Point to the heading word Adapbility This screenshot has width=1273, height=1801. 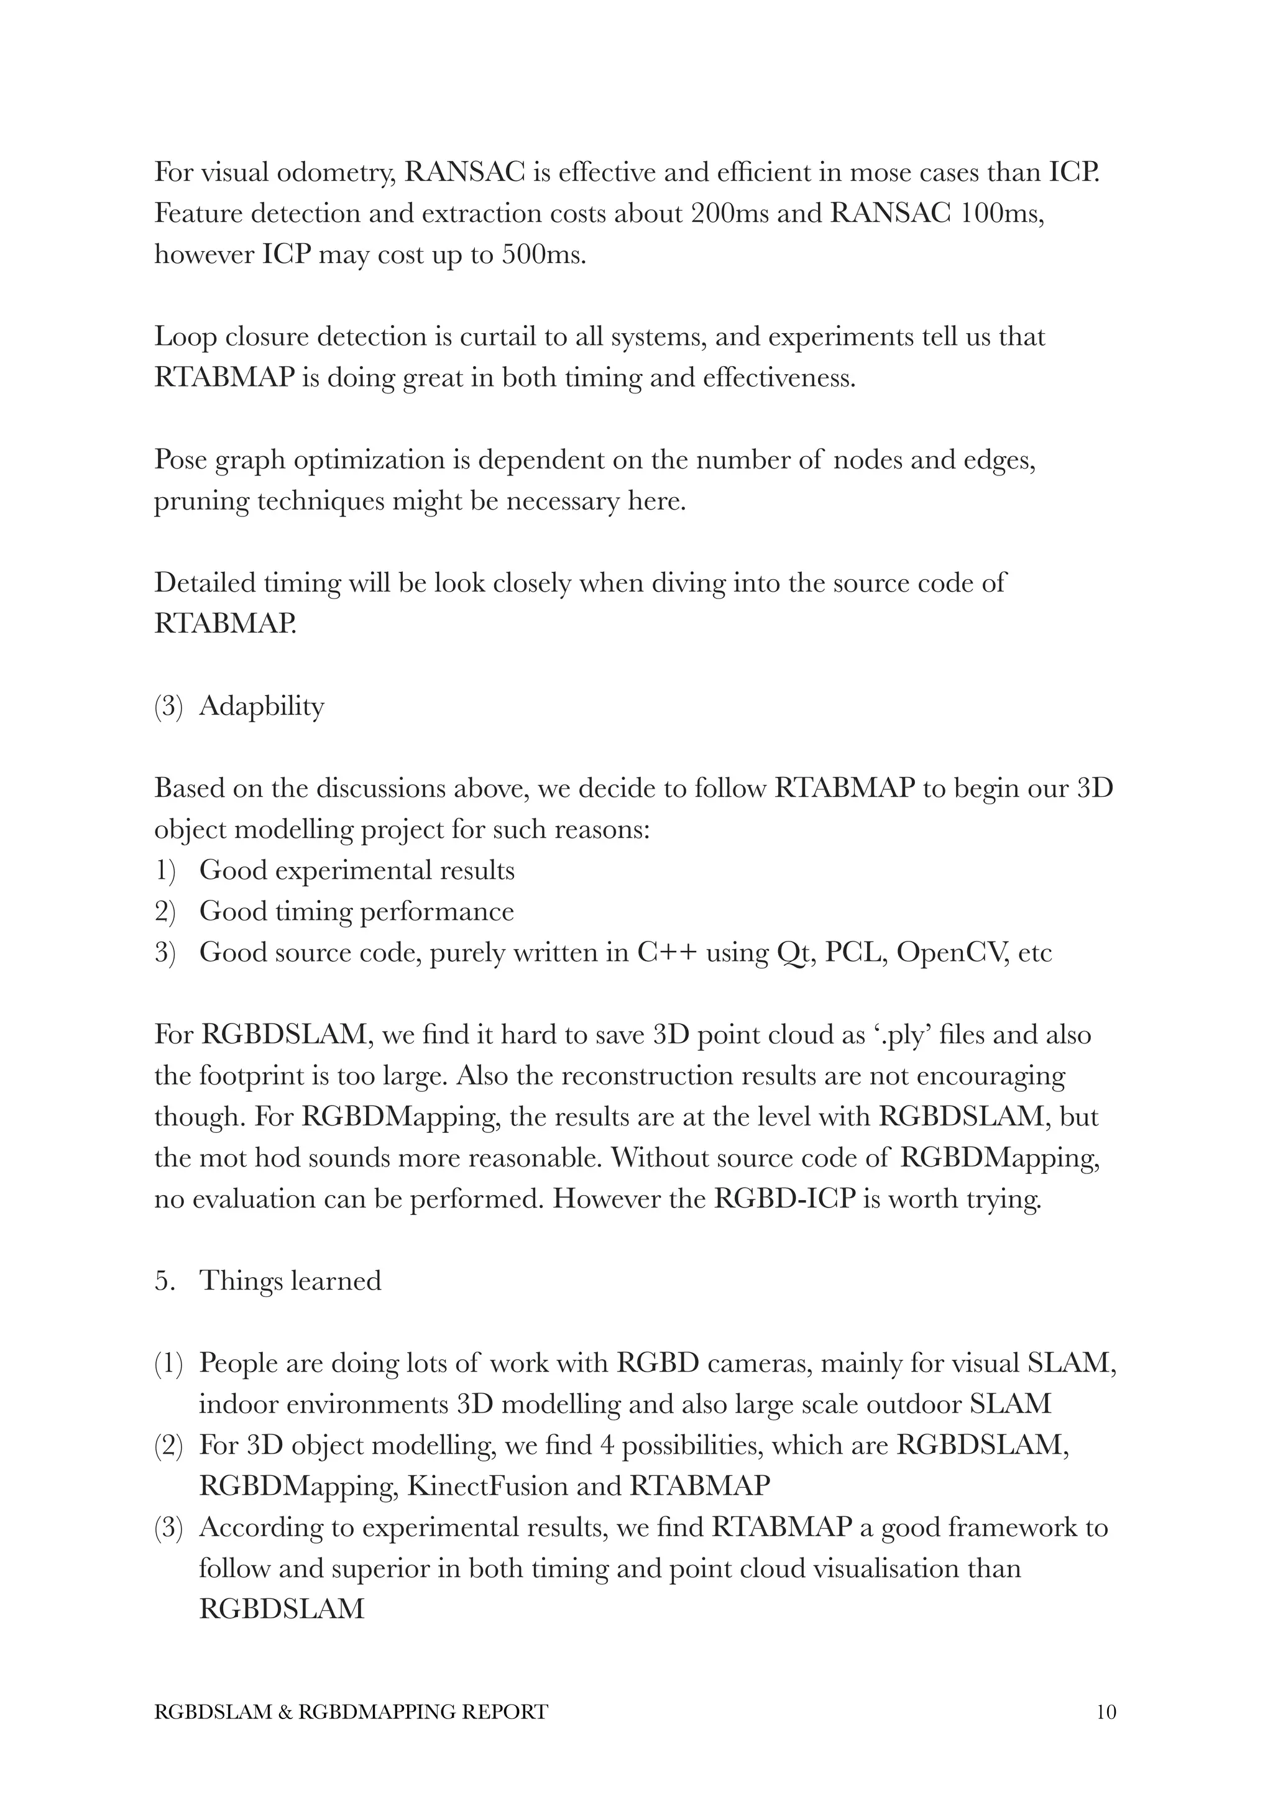(x=261, y=706)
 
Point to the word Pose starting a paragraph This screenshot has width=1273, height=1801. (x=180, y=460)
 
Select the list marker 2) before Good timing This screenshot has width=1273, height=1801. (x=165, y=912)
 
